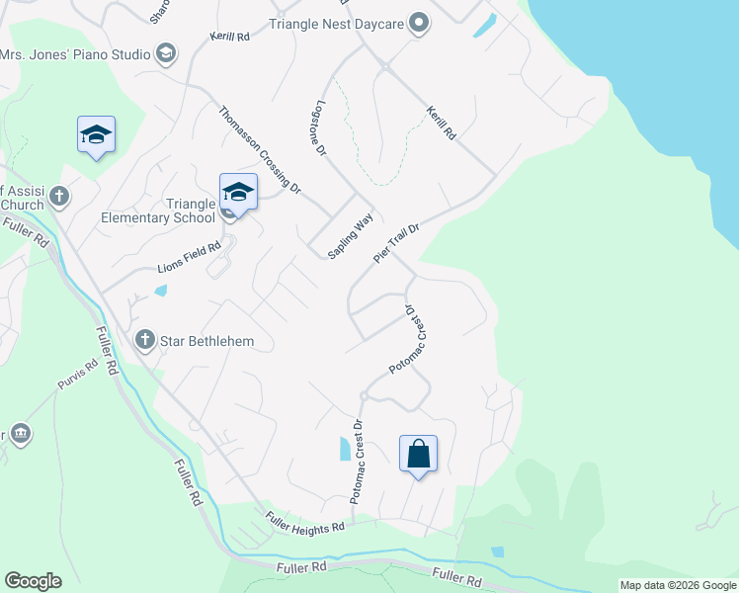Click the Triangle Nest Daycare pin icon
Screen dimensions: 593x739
point(420,23)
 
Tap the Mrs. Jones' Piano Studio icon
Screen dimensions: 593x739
point(166,52)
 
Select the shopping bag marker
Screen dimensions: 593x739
point(418,455)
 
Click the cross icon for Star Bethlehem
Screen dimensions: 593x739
point(145,341)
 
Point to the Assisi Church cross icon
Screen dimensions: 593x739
point(58,196)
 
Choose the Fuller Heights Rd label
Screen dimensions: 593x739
point(304,521)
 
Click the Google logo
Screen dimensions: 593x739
point(33,581)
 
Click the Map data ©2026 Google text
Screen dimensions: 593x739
point(677,585)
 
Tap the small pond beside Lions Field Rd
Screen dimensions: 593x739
point(161,292)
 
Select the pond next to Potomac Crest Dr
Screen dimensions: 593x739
point(344,449)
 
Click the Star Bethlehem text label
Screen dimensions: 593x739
point(208,342)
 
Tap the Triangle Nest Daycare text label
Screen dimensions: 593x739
point(336,23)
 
